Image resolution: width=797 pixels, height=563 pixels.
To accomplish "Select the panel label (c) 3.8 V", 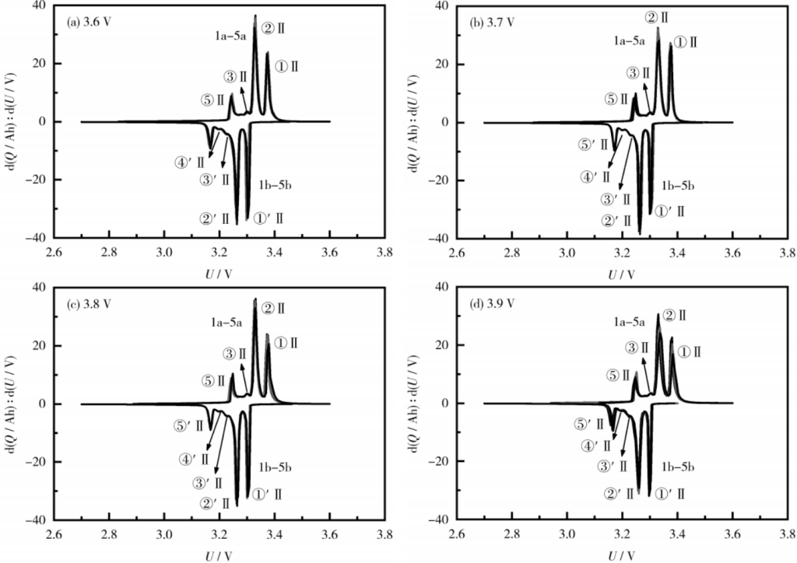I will [91, 304].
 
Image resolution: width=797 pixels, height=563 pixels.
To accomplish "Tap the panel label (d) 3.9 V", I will [494, 304].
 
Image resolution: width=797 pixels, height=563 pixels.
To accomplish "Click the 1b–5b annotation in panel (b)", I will [678, 186].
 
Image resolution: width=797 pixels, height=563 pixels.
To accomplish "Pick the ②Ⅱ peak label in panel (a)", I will [272, 28].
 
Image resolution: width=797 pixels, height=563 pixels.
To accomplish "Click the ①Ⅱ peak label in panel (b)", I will [686, 43].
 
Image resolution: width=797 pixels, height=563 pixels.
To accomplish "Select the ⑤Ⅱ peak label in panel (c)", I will [212, 381].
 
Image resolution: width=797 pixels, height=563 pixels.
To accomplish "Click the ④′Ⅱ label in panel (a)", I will [189, 162].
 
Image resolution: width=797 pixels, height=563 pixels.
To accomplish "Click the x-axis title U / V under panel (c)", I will [192, 554].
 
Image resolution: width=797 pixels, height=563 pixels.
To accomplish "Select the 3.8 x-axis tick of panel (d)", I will [788, 536].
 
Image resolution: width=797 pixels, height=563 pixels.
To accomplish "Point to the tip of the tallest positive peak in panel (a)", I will [255, 16].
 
